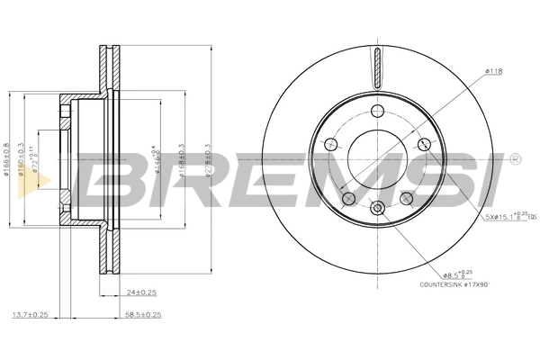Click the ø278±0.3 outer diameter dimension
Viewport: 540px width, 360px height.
208,160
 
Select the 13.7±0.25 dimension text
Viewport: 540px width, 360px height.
41,316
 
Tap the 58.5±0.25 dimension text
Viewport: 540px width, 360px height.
141,316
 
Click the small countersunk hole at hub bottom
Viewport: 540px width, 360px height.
378,210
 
